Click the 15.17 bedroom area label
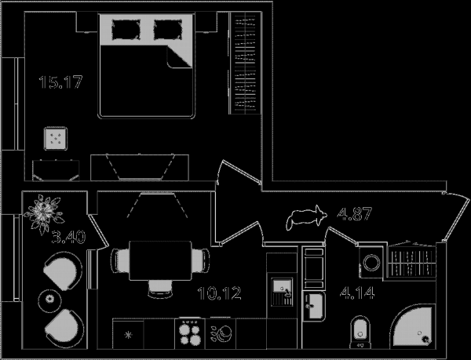coord(60,82)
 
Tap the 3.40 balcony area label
coord(69,237)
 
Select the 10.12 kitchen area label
coord(220,293)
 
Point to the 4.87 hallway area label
coord(355,214)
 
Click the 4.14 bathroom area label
coord(357,293)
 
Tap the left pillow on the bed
coord(126,29)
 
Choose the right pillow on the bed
coord(168,29)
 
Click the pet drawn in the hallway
coord(306,218)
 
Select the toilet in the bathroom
coord(360,332)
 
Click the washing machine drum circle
coord(372,263)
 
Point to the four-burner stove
coord(189,333)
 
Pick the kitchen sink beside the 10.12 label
coord(282,292)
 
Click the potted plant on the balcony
coord(44,213)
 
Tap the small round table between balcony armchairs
coord(49,299)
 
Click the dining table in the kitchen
coord(160,260)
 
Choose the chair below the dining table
coord(161,289)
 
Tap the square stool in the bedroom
coord(56,138)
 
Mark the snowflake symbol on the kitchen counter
coord(128,335)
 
